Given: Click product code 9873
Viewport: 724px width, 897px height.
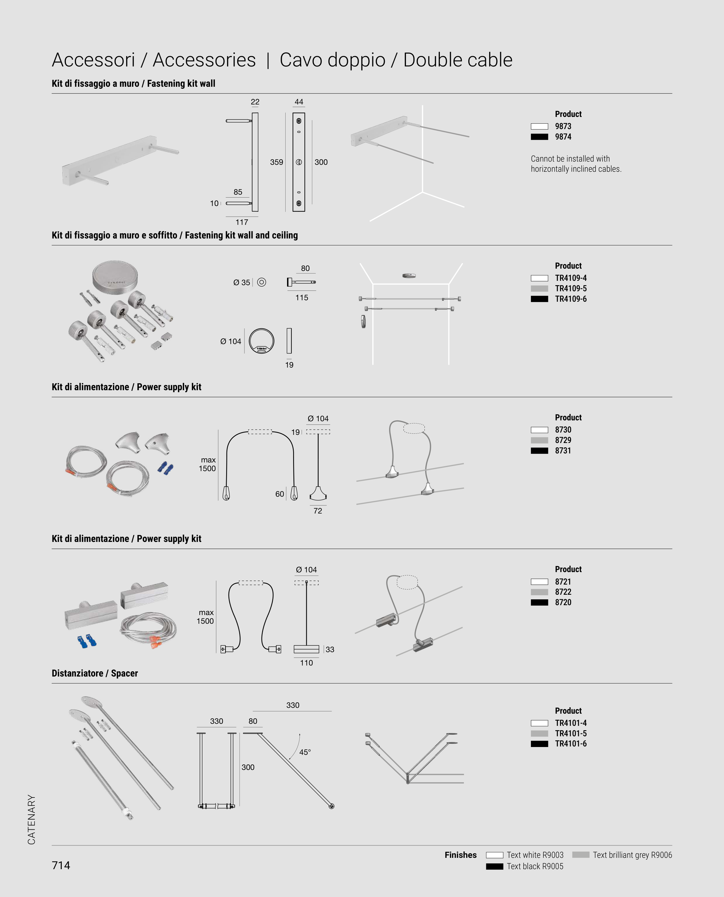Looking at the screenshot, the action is point(563,126).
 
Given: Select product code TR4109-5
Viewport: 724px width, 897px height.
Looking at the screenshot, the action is point(571,288).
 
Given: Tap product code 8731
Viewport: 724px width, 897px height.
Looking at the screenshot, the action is point(563,451).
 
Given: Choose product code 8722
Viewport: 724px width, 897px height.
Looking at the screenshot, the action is point(563,592).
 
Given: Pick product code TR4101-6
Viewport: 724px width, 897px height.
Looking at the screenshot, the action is point(571,744).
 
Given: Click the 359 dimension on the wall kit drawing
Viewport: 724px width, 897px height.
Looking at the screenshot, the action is point(277,162).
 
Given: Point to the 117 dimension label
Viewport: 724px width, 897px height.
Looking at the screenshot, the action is point(242,222).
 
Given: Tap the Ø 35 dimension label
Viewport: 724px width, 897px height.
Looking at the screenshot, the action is point(242,283).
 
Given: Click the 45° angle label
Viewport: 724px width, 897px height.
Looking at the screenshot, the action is point(305,752).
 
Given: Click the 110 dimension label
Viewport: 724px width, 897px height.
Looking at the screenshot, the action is point(306,663).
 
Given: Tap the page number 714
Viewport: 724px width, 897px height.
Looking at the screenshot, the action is point(61,865).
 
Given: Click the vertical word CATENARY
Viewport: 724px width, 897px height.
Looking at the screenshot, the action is point(31,820).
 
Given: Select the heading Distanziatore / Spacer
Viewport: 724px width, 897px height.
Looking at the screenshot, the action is point(95,673).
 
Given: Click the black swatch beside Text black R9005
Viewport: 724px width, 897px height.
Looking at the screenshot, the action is point(495,867).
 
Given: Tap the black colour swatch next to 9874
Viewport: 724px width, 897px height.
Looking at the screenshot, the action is point(539,137).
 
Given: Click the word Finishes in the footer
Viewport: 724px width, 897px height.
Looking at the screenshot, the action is point(460,855).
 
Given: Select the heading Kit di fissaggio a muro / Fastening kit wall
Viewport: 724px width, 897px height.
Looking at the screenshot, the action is point(133,84).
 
